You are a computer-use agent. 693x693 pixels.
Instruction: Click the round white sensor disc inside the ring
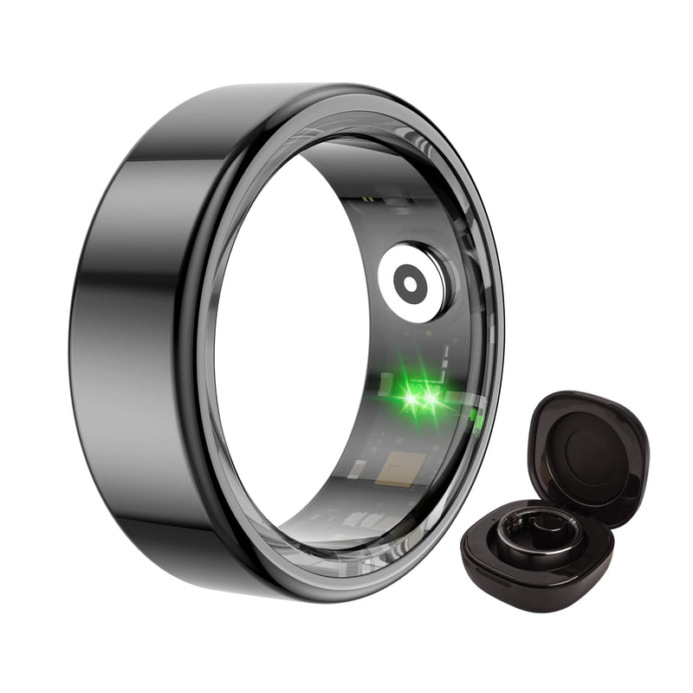413,281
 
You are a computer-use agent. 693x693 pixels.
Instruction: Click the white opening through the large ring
277,346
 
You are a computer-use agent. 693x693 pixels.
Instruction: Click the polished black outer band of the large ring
130,346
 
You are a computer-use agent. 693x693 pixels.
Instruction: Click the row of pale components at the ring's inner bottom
364,518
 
